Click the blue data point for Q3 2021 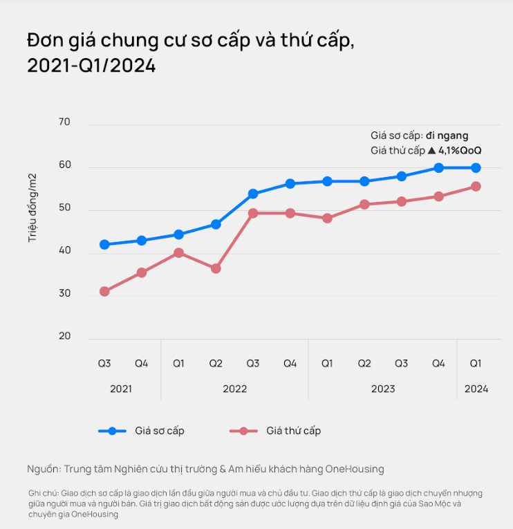coord(104,245)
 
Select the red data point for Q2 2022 coord(216,268)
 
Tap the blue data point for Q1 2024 coord(476,168)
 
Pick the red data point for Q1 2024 coord(476,187)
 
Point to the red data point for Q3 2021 coord(104,292)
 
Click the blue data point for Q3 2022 coord(253,194)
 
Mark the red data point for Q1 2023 coord(327,219)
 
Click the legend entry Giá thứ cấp coord(293,431)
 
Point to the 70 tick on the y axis coord(64,122)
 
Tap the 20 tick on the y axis coord(64,337)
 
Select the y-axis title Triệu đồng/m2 coord(32,207)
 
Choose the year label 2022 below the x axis coord(234,389)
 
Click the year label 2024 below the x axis coord(476,389)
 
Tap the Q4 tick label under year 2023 coord(438,363)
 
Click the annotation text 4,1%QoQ coord(460,150)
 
